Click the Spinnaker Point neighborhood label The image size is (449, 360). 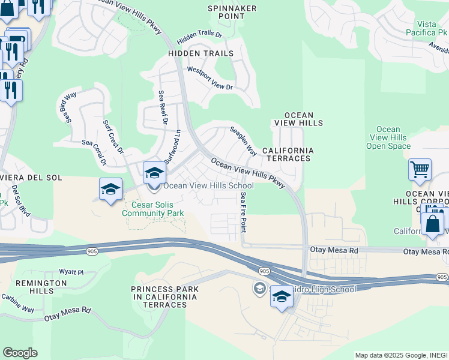(x=232, y=13)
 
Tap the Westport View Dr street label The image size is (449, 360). (x=210, y=79)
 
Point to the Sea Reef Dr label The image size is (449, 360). (x=162, y=107)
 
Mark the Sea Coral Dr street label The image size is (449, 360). (x=94, y=152)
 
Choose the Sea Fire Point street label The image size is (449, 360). (x=243, y=212)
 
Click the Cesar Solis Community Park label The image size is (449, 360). (x=153, y=208)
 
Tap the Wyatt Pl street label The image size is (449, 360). (x=71, y=272)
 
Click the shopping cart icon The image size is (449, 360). (x=420, y=169)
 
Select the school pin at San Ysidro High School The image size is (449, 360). (x=282, y=297)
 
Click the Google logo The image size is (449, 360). (x=20, y=353)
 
